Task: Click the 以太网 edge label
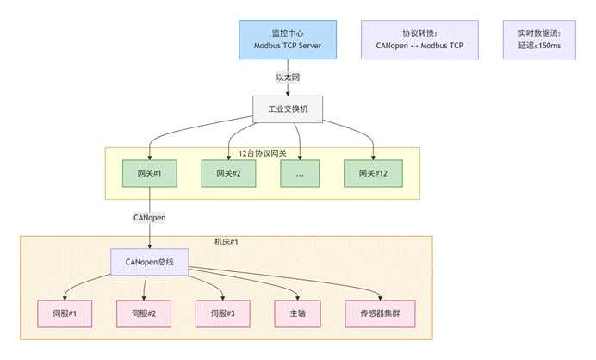pos(288,78)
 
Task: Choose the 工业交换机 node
pos(288,110)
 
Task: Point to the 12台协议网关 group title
pos(262,153)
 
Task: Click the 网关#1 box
pos(150,173)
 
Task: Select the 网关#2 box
pos(228,173)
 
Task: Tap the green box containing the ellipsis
pos(299,173)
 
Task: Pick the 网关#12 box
pos(373,173)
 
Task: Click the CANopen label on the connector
pos(149,218)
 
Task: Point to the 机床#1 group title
pos(226,242)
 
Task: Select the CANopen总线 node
pos(149,262)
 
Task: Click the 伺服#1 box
pos(63,313)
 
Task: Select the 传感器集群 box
pos(379,313)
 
